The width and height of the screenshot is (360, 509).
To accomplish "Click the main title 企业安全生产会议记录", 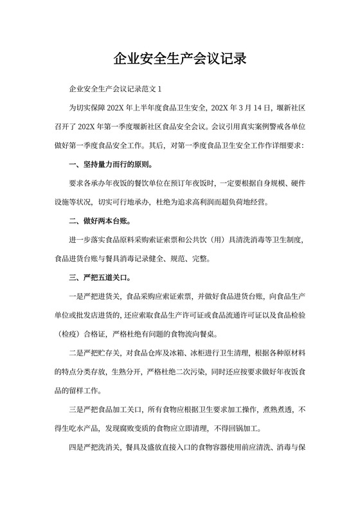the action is pyautogui.click(x=180, y=60).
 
